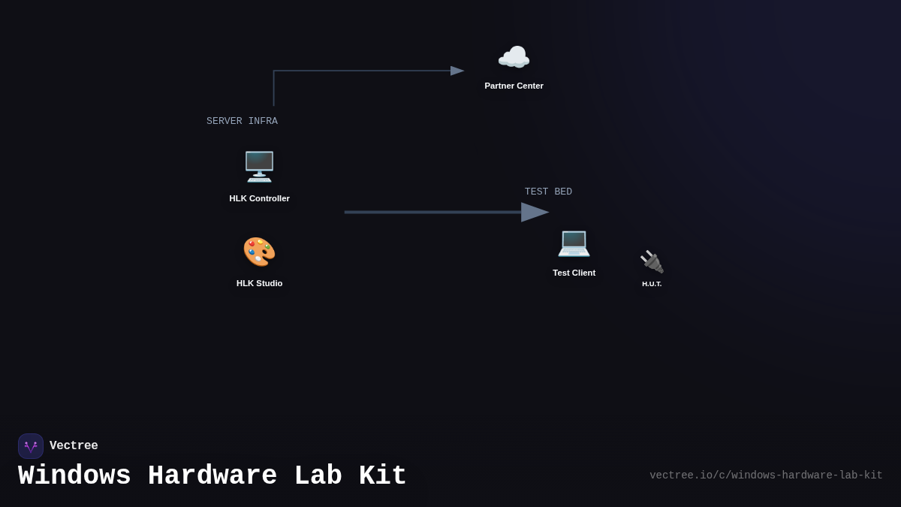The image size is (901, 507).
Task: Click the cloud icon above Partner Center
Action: coord(514,58)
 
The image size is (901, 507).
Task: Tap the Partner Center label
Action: coord(514,86)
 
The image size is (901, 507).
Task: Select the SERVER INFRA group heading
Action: coord(242,121)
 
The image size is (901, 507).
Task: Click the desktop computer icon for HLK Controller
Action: coord(259,166)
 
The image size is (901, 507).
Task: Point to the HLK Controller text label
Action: coord(259,198)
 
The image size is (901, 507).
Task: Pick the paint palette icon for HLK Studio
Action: coord(259,252)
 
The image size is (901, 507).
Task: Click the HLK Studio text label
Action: coord(259,283)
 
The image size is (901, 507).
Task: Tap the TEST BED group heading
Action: coord(548,192)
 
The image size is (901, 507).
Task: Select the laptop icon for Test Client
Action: coord(574,242)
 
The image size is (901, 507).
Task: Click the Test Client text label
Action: coord(574,273)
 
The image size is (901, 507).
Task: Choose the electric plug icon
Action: coord(652,261)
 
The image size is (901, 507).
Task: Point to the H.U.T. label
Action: coord(652,284)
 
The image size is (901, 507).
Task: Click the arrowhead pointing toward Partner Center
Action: coord(457,71)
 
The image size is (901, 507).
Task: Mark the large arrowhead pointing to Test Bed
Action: coord(535,212)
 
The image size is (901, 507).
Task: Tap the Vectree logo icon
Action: coord(31,446)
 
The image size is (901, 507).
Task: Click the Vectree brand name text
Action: coord(74,446)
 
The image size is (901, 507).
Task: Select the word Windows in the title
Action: coord(74,476)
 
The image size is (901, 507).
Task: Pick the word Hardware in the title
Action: coord(212,476)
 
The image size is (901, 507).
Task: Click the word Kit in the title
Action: coord(382,476)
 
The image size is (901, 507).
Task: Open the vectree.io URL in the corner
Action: coord(766,475)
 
